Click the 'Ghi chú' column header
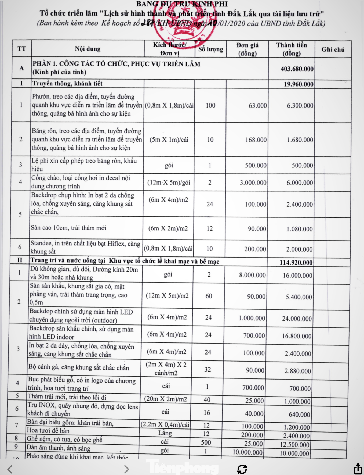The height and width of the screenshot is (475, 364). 333,49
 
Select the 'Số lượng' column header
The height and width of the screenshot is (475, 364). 211,49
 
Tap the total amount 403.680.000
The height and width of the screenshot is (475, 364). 297,69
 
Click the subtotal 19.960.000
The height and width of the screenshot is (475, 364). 299,84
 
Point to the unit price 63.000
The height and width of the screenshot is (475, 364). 257,105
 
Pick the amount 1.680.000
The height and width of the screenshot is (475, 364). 300,140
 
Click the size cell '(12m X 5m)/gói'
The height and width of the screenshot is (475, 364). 169,183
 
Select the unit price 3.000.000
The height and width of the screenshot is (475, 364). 253,183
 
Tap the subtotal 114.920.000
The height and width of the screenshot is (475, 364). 296,262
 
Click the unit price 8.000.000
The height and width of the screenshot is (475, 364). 252,275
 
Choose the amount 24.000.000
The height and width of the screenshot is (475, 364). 297,319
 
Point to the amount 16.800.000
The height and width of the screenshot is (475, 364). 296,336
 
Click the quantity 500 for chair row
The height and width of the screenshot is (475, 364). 206,442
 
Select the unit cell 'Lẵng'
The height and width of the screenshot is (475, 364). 165,433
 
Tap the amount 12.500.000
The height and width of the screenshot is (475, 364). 294,444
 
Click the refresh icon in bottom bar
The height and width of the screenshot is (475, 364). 242,469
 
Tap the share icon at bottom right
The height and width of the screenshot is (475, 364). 358,469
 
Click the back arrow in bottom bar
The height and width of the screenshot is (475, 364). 10,469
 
